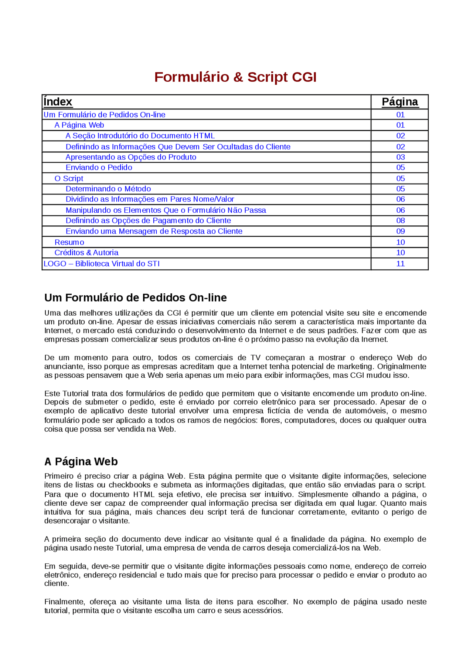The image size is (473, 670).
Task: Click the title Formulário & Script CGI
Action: coord(235,77)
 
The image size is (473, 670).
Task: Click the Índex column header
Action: coord(58,102)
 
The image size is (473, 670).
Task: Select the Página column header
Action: coord(400,102)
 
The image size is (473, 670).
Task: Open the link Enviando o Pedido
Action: coord(99,168)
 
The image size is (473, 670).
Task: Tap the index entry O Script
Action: coord(69,179)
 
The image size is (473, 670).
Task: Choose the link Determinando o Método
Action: coord(108,189)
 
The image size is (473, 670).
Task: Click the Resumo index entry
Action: coord(69,242)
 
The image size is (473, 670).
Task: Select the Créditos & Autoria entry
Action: coord(86,253)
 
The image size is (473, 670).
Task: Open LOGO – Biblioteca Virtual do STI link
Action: coord(101,264)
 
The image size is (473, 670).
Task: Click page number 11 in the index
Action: coord(400,264)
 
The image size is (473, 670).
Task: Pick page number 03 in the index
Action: coord(400,157)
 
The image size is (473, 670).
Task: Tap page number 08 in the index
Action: coord(400,221)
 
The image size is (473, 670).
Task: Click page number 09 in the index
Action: coord(400,232)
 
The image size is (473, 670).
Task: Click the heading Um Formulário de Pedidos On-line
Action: coord(135,298)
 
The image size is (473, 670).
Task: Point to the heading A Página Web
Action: coord(81,462)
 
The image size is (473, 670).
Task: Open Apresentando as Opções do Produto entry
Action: coord(131,157)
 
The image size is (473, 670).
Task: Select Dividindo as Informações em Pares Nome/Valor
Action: coord(150,199)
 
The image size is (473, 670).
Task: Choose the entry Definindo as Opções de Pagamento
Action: coord(148,221)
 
